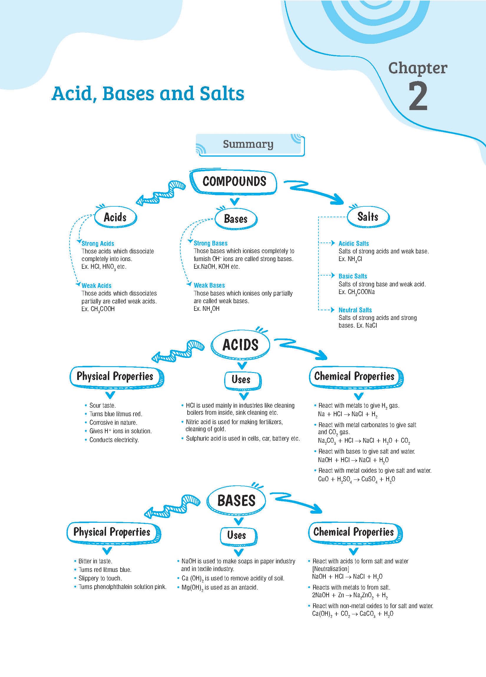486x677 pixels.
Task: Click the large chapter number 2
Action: tap(418, 97)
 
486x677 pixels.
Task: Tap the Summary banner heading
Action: tap(248, 144)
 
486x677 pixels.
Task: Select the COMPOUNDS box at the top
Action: tap(234, 182)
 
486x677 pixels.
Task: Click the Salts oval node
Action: tap(368, 217)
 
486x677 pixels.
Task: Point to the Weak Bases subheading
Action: tap(209, 285)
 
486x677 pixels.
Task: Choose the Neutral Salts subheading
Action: tap(355, 310)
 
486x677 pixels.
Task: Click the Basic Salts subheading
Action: tap(353, 276)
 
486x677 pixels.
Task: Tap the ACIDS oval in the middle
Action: tap(240, 345)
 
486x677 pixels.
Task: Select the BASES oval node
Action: tap(236, 501)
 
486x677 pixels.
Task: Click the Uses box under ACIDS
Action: tap(241, 380)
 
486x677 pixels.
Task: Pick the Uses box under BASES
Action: tap(237, 535)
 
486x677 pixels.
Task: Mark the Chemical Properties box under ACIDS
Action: tap(354, 376)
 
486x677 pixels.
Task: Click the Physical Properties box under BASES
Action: tap(112, 532)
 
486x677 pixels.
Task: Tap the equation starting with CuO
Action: tap(356, 479)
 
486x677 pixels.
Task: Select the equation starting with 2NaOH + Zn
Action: tap(350, 595)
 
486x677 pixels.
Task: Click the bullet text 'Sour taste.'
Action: tap(103, 405)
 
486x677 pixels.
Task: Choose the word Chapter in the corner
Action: tap(418, 68)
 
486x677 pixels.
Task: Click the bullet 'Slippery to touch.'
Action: tap(100, 578)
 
